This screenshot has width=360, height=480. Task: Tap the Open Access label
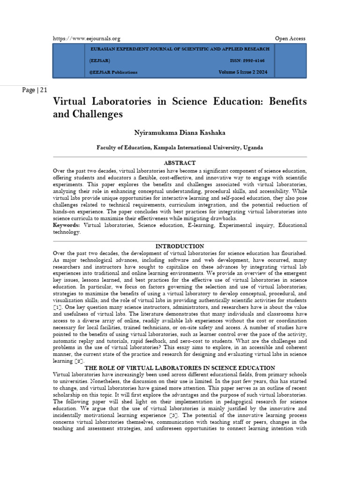pyautogui.click(x=290, y=38)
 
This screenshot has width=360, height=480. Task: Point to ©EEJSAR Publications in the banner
pyautogui.click(x=113, y=72)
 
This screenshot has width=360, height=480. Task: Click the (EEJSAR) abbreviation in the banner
pyautogui.click(x=100, y=61)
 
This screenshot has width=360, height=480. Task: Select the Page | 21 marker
pyautogui.click(x=34, y=90)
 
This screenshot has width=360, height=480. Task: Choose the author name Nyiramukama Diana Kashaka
pyautogui.click(x=180, y=133)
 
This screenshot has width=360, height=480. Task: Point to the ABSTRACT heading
pyautogui.click(x=180, y=163)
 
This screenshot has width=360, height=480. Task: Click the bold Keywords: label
pyautogui.click(x=67, y=225)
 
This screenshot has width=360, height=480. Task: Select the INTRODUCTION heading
pyautogui.click(x=180, y=246)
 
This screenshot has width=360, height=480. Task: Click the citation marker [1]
pyautogui.click(x=58, y=307)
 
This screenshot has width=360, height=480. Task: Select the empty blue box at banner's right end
pyautogui.click(x=290, y=61)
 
